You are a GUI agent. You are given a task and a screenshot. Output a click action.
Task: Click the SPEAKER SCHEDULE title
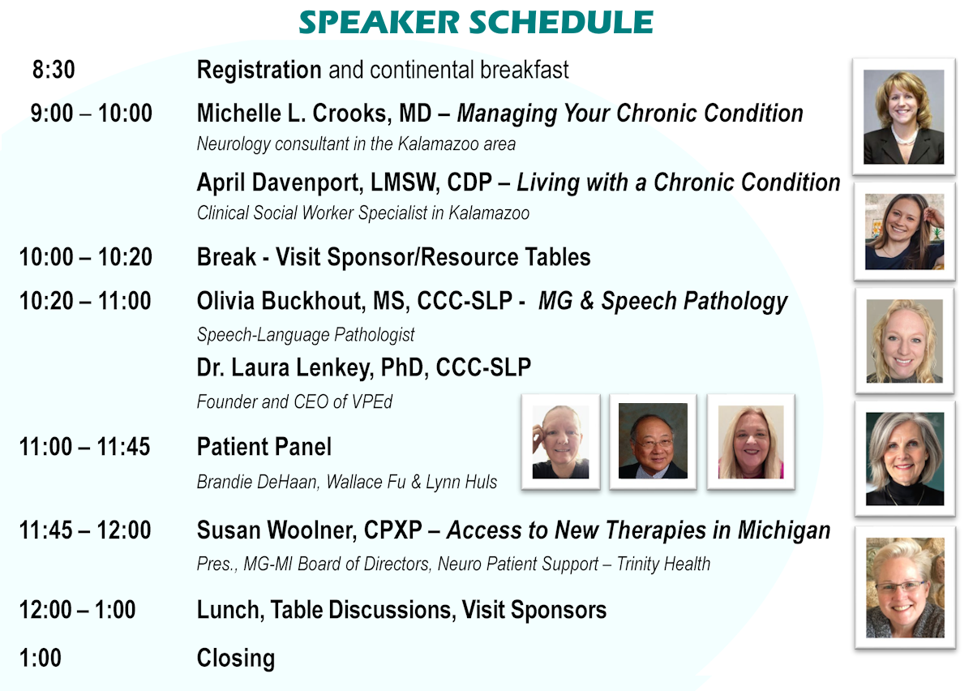point(476,22)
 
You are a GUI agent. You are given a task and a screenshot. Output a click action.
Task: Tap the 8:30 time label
point(54,70)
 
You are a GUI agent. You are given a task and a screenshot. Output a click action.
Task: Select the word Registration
point(259,70)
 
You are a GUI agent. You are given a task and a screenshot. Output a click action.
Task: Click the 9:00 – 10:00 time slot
point(91,113)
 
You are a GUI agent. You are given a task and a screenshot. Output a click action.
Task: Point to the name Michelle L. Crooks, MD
point(315,113)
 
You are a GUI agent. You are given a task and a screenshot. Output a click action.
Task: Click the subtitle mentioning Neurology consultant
point(356,144)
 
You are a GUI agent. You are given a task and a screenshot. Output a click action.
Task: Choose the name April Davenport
point(280,182)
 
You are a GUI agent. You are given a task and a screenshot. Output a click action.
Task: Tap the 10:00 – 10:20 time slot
point(86,256)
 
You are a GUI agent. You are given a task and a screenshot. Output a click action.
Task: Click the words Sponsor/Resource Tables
point(459,256)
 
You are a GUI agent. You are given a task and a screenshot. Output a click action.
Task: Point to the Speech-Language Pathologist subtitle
point(306,335)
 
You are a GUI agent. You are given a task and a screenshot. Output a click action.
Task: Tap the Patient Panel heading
point(264,446)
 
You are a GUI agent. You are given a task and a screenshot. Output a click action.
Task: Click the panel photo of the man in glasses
point(653,440)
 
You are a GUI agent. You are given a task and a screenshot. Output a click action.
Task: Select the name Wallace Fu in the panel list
point(366,482)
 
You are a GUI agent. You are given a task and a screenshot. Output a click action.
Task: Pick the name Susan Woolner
point(276,530)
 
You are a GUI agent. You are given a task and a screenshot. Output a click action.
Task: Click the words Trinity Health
point(663,564)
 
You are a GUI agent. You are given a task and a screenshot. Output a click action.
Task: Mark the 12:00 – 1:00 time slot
point(77,609)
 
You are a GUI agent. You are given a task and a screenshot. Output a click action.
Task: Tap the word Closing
point(236,658)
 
